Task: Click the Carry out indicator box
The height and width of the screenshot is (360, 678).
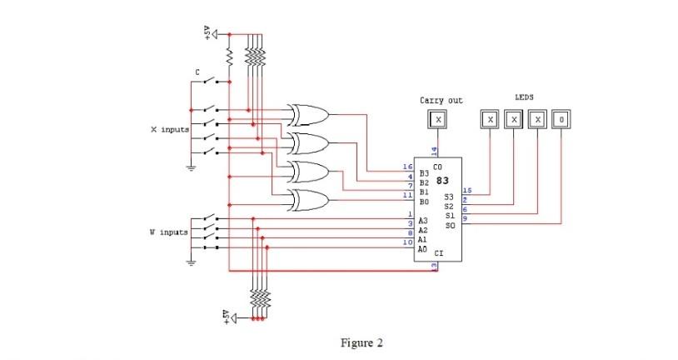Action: coord(439,119)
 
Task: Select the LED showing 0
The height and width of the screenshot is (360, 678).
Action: coord(562,119)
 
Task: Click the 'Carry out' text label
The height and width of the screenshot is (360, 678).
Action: coord(441,100)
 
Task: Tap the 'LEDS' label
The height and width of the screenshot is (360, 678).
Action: coord(524,97)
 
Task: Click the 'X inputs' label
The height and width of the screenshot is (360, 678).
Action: coord(168,131)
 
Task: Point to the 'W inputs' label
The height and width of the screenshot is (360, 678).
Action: coord(168,231)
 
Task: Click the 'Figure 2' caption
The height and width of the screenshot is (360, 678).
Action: coord(361,342)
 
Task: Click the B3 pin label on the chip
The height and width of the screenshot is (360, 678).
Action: coord(423,173)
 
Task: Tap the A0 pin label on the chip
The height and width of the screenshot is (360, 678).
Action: coord(423,247)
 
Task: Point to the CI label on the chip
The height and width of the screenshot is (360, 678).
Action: coord(438,252)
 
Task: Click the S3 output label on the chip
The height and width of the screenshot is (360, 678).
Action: coord(450,197)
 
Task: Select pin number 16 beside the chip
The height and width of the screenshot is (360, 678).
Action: coord(407,167)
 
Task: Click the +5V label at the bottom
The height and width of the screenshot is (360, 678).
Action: coord(225,317)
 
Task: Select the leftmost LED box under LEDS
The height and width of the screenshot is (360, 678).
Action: coord(491,119)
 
